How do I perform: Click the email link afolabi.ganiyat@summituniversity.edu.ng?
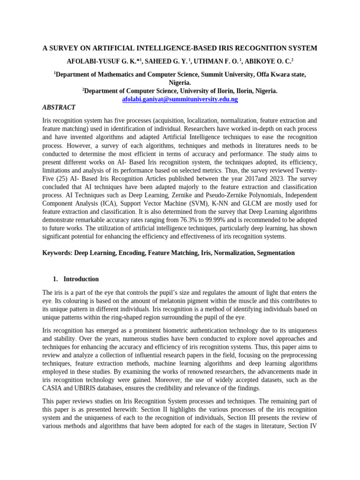point(180,99)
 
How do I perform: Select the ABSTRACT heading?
point(59,107)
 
